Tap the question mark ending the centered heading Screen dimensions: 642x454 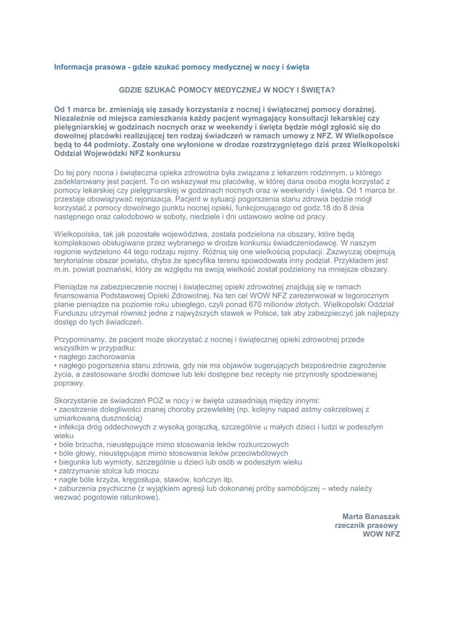coord(333,90)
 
